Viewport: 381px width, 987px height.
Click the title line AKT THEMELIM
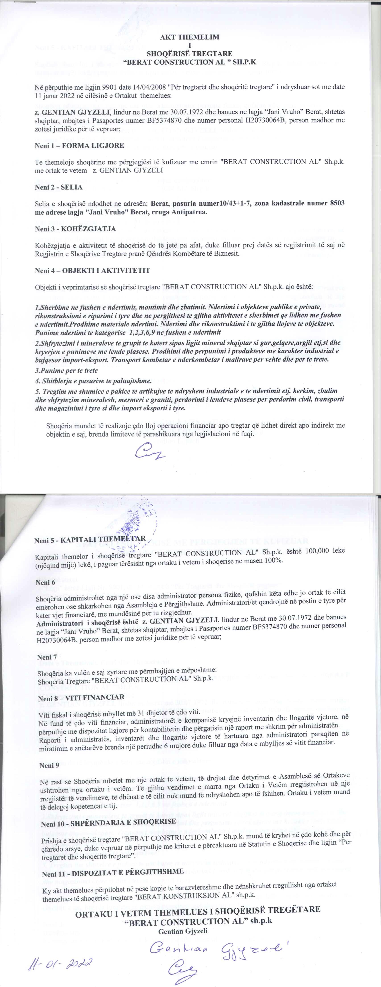190,37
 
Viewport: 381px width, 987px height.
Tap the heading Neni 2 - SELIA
59,187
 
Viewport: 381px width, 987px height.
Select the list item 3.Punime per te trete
66,371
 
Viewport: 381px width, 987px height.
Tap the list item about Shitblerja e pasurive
93,381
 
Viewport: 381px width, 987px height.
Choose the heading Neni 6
45,582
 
